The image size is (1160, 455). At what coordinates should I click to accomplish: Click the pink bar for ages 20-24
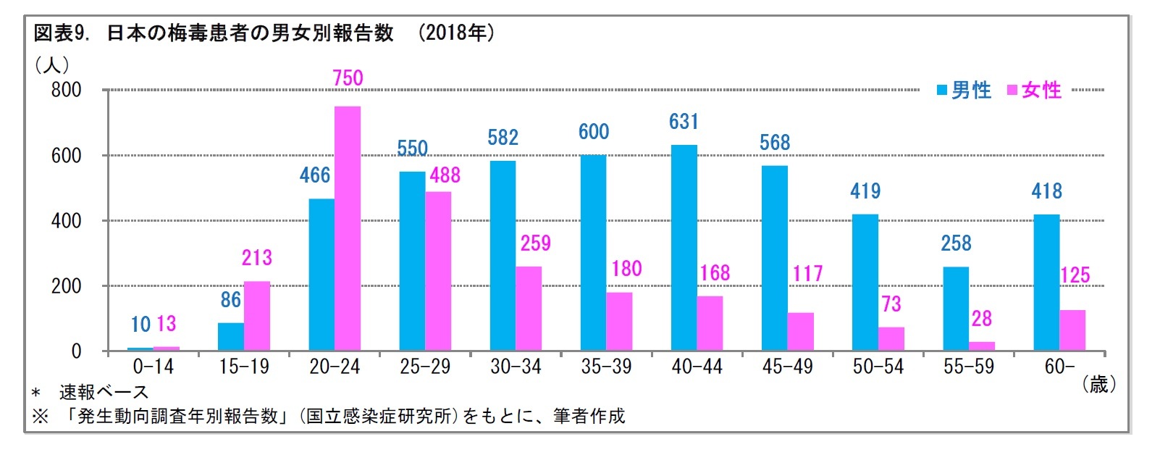(x=348, y=229)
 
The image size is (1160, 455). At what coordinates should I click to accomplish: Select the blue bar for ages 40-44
(x=684, y=249)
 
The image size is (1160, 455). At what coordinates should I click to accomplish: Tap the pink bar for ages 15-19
(x=257, y=317)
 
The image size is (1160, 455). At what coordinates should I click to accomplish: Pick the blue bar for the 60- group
(x=1046, y=283)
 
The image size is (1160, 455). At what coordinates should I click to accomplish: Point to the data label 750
(x=348, y=78)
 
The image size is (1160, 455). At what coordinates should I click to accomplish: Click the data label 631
(x=684, y=121)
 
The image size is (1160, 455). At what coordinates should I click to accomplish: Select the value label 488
(x=445, y=175)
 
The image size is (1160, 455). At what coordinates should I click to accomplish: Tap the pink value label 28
(x=981, y=319)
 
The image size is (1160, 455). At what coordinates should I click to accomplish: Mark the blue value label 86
(x=230, y=299)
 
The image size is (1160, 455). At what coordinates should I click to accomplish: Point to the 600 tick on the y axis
(x=66, y=156)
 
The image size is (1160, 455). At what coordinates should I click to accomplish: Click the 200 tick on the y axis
(x=66, y=286)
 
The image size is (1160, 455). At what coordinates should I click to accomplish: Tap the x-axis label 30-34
(x=516, y=367)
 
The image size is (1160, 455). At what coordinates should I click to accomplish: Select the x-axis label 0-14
(x=153, y=367)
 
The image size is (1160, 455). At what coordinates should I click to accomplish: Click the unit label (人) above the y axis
(x=52, y=65)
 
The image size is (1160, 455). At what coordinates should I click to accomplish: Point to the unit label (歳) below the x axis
(x=1098, y=385)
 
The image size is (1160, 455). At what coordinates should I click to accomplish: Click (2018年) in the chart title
(x=457, y=33)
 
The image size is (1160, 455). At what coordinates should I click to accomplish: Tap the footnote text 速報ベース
(x=104, y=393)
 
